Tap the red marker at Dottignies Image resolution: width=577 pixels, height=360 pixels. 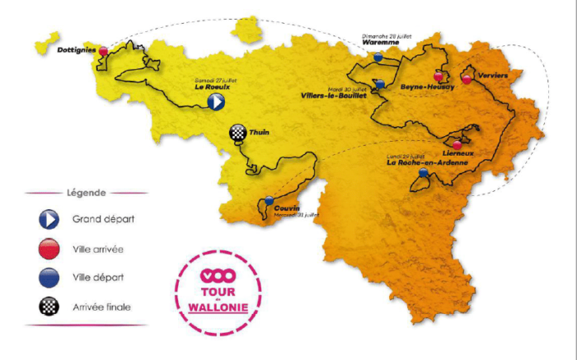(x=104, y=51)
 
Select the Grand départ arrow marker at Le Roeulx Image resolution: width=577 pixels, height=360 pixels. (x=214, y=101)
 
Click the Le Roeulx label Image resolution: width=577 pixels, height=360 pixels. (x=210, y=86)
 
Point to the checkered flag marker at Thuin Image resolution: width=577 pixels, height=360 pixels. (x=238, y=132)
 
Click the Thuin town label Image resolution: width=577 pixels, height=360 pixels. (x=260, y=132)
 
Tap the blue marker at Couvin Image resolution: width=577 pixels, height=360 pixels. (x=270, y=200)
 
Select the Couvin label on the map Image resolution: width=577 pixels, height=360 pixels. (x=286, y=208)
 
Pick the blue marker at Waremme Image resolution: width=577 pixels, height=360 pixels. (x=378, y=57)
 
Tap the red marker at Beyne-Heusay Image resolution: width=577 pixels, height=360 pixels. (x=439, y=76)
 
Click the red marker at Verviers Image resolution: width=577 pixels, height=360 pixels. (x=467, y=79)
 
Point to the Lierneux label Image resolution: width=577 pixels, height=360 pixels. (x=457, y=154)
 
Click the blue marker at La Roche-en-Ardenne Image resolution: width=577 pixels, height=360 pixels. (x=423, y=174)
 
